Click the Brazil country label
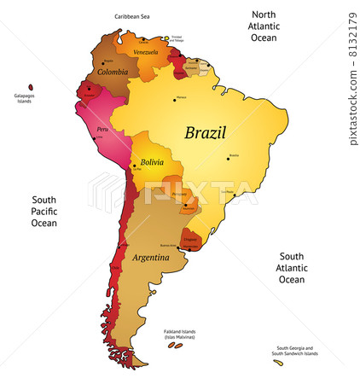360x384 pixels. [206, 132]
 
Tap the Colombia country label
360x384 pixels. [113, 73]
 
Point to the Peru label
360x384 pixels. [102, 129]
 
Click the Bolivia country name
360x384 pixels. [152, 161]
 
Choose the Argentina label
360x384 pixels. [150, 257]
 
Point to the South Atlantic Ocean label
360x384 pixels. [292, 267]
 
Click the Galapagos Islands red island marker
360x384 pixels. [31, 86]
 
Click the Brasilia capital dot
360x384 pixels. [229, 157]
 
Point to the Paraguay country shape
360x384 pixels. [181, 201]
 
